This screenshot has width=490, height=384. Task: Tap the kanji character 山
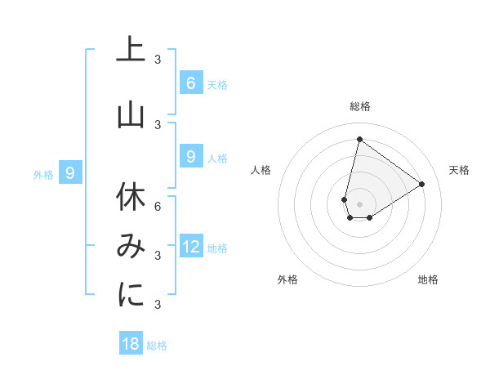point(131,115)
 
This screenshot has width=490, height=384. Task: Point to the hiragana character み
point(131,247)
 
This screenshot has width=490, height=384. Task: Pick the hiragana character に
point(131,295)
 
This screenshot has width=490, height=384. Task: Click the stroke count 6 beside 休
point(158,206)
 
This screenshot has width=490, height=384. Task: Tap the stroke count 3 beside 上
point(158,59)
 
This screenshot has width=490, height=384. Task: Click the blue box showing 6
point(190,83)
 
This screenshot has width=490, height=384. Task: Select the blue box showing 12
point(190,247)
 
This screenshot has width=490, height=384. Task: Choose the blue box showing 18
point(131,344)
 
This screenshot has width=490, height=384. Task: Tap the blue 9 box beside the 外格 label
point(70,172)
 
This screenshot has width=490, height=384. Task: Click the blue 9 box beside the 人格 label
point(190,156)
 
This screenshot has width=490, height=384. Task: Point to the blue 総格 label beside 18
point(157,346)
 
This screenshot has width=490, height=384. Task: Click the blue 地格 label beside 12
point(217,248)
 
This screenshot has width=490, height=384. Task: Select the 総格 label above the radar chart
point(359,106)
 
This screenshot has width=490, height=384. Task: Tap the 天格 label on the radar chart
point(459,170)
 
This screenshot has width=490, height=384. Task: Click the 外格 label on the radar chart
point(287,279)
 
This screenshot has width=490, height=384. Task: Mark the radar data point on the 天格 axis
point(422,184)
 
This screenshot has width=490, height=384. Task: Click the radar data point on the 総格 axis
point(359,139)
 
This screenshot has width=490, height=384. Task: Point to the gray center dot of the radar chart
point(359,204)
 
